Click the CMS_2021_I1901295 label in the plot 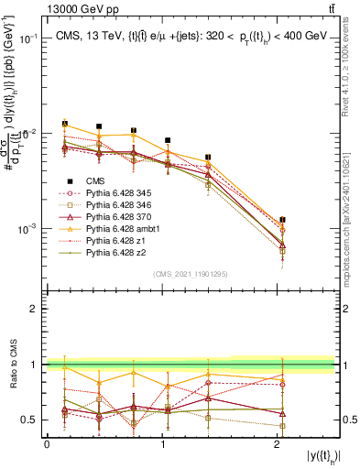[190, 274]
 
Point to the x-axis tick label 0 [47, 443]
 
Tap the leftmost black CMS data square [64, 124]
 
